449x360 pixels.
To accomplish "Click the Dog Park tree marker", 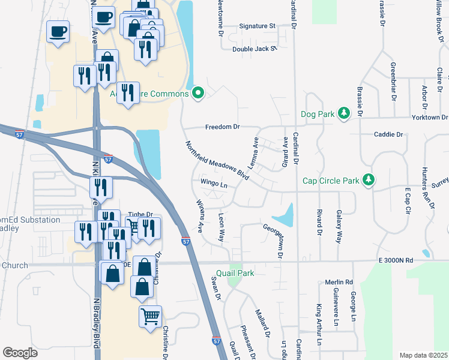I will tap(344, 113).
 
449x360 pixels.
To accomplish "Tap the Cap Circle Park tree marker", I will tap(369, 180).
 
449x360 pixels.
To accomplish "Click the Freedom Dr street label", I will tap(222, 127).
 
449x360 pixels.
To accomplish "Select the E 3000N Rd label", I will tap(396, 260).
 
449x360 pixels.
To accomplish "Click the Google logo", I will tap(20, 353).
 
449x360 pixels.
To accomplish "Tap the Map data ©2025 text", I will tap(424, 355).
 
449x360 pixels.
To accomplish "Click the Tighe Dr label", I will tap(141, 214).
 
